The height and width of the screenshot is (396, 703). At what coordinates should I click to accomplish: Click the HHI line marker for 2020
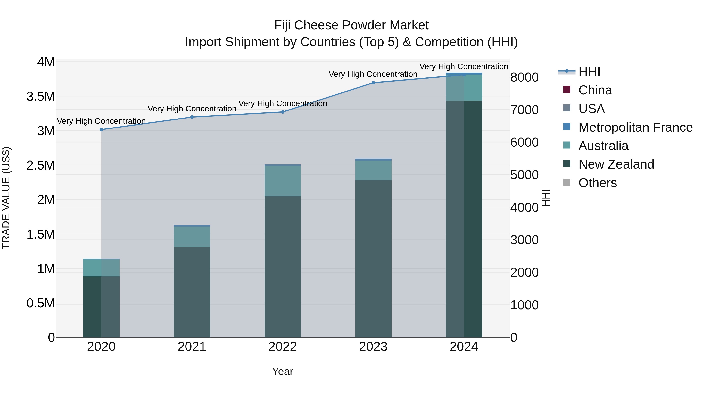pos(101,129)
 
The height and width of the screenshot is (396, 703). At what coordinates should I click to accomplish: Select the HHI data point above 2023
pos(373,83)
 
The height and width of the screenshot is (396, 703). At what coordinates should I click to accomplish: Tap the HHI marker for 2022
pos(282,112)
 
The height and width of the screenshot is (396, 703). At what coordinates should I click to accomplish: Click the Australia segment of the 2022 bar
pos(282,181)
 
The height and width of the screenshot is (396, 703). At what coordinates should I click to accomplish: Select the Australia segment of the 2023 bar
pos(373,170)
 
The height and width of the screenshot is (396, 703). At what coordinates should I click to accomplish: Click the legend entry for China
pos(595,90)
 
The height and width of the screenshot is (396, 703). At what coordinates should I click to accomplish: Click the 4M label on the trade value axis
pos(46,62)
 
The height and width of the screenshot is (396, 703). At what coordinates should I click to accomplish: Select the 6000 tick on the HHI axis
pos(524,142)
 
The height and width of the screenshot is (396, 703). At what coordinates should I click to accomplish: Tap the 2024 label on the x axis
pos(464,347)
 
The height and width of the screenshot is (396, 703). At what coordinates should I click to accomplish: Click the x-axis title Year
pos(282,371)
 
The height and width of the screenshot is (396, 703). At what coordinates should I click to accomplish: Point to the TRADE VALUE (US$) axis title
pos(6,198)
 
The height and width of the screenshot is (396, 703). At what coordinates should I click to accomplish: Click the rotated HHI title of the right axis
pos(546,198)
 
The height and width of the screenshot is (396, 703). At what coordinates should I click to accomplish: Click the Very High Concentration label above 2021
pos(192,109)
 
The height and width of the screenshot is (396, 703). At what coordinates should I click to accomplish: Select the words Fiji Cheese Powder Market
pos(351,25)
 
